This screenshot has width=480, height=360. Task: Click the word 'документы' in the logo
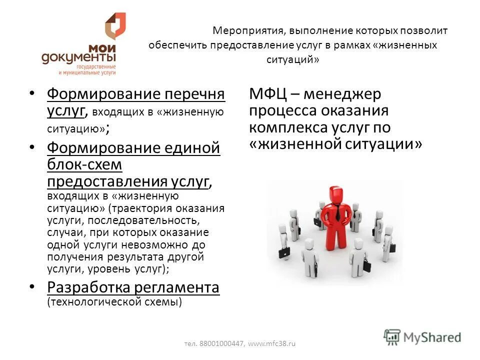click(x=78, y=59)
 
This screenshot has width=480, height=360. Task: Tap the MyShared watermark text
click(x=433, y=337)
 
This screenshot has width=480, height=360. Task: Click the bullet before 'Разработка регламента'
click(x=32, y=286)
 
